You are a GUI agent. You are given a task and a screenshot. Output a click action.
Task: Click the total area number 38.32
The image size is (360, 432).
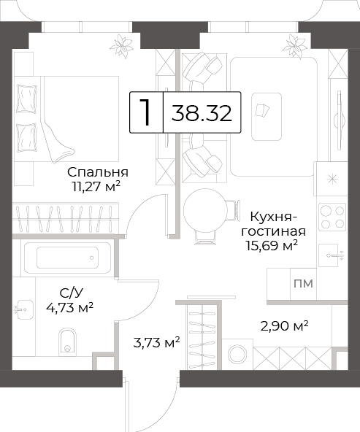pyautogui.click(x=202, y=113)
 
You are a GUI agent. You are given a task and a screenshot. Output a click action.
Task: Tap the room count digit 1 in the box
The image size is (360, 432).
pyautogui.click(x=145, y=112)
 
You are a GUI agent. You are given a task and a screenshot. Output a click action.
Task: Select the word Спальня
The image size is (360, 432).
pyautogui.click(x=98, y=172)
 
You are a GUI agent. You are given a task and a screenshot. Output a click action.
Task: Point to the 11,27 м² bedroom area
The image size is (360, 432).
pyautogui.click(x=96, y=187)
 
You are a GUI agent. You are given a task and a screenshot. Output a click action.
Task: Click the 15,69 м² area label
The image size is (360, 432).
pyautogui.click(x=272, y=245)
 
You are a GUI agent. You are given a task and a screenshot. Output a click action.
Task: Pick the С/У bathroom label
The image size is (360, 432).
pyautogui.click(x=71, y=293)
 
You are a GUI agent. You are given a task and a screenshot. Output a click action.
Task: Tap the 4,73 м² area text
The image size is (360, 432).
pyautogui.click(x=69, y=307)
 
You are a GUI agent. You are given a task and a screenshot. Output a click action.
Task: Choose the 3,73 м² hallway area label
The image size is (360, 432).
pyautogui.click(x=156, y=343)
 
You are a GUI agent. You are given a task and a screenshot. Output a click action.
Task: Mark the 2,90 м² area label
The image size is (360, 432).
pyautogui.click(x=284, y=326)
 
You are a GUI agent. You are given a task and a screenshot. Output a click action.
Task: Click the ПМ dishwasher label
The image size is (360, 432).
pyautogui.click(x=303, y=283)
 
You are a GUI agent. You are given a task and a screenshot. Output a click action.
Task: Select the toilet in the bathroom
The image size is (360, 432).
pyautogui.click(x=67, y=341)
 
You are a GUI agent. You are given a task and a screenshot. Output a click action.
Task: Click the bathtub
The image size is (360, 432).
pyautogui.click(x=67, y=258)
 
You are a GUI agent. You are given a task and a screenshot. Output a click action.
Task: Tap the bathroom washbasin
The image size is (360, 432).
pyautogui.click(x=25, y=309)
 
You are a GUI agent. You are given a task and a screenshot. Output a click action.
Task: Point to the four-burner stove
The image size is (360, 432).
pyautogui.click(x=332, y=217)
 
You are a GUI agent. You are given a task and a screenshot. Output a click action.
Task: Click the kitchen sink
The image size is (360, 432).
pyautogui.click(x=331, y=255)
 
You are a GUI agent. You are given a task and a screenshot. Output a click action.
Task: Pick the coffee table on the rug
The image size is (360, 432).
pyautogui.click(x=267, y=117)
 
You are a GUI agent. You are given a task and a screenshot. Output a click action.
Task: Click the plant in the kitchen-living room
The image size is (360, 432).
pyautogui.click(x=295, y=46)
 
